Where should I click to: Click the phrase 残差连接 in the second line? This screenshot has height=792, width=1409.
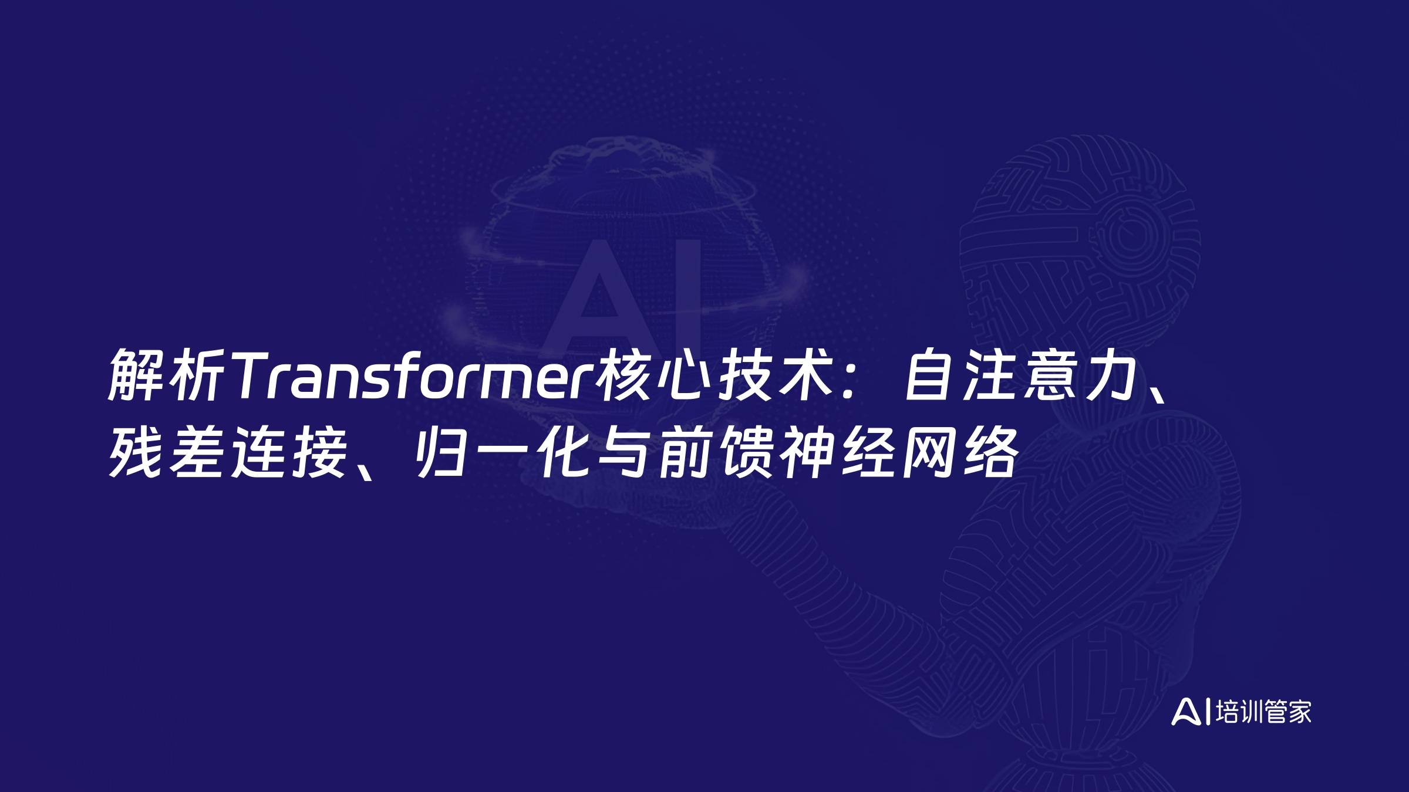coord(226,452)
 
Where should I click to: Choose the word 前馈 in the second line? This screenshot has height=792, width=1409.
coord(713,452)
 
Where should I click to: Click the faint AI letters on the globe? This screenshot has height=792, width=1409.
coord(622,293)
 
